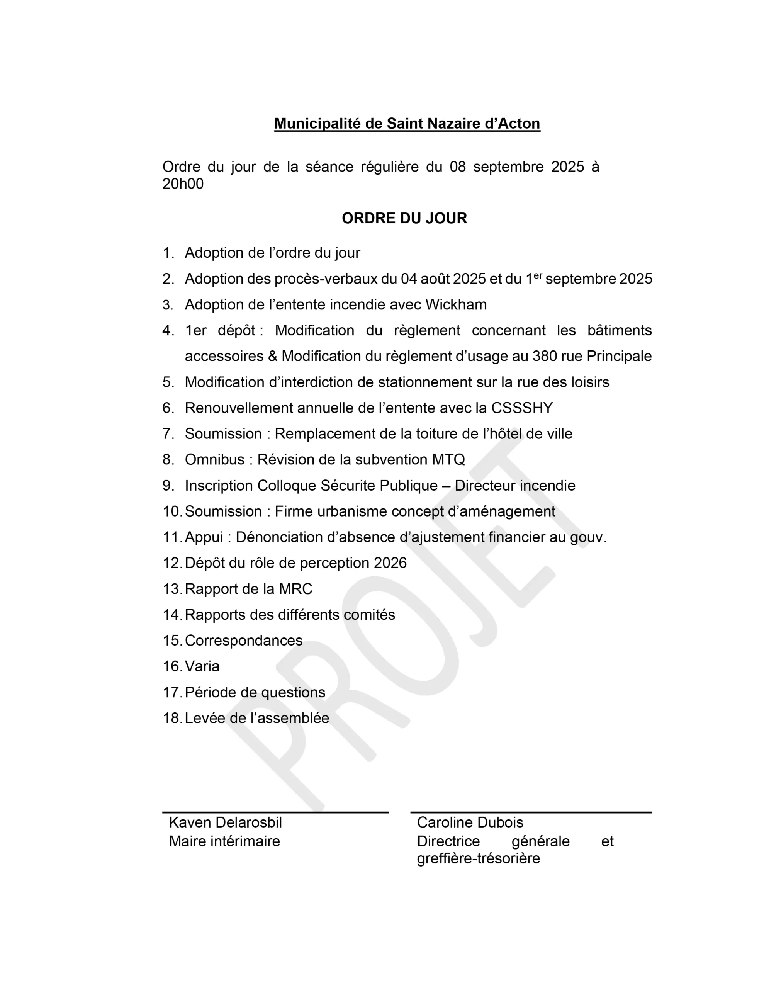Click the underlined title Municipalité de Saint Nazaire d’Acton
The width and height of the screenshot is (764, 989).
click(x=407, y=124)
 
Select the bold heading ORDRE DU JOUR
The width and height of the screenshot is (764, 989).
click(x=404, y=218)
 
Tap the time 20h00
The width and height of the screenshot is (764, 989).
click(x=183, y=184)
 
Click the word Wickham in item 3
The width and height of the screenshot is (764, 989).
click(x=456, y=305)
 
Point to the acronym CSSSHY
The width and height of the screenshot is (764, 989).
click(x=522, y=408)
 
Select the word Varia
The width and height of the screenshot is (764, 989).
click(x=202, y=666)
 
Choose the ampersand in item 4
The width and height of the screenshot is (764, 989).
click(x=272, y=356)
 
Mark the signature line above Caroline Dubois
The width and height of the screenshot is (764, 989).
click(x=531, y=812)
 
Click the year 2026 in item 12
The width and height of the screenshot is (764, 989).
click(x=390, y=563)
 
